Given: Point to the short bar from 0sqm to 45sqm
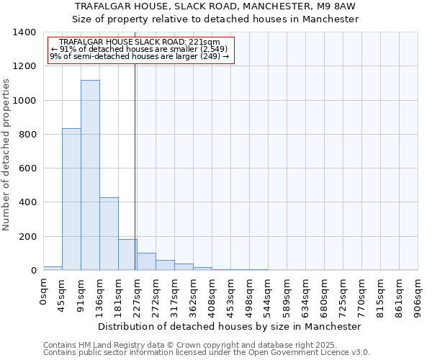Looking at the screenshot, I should (53, 268).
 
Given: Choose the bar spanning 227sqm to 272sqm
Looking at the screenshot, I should (146, 261).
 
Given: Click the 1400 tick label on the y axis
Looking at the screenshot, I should (24, 32).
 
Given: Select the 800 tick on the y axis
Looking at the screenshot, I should (27, 135).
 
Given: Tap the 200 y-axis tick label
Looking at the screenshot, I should (27, 237).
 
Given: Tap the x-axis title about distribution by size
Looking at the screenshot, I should (230, 326).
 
